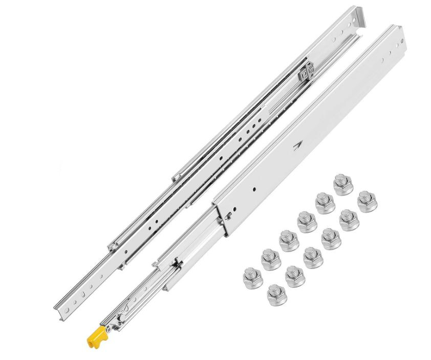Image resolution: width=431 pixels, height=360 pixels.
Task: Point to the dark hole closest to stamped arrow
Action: [x=255, y=189]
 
